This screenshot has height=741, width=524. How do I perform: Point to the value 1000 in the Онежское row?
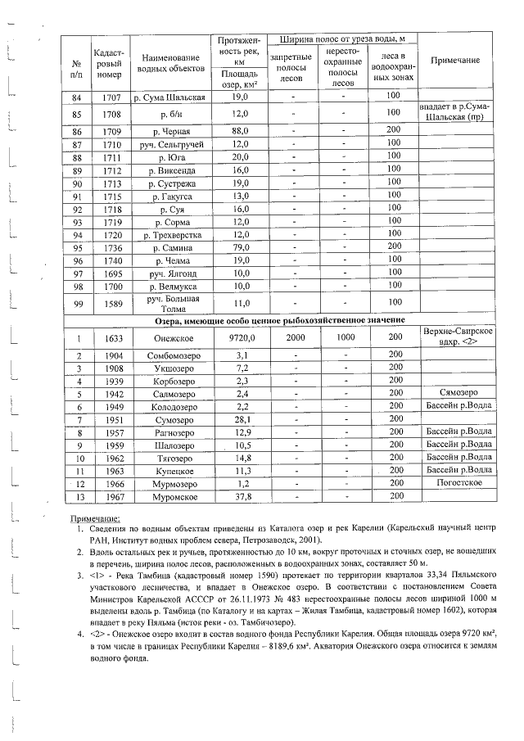(x=345, y=337)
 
